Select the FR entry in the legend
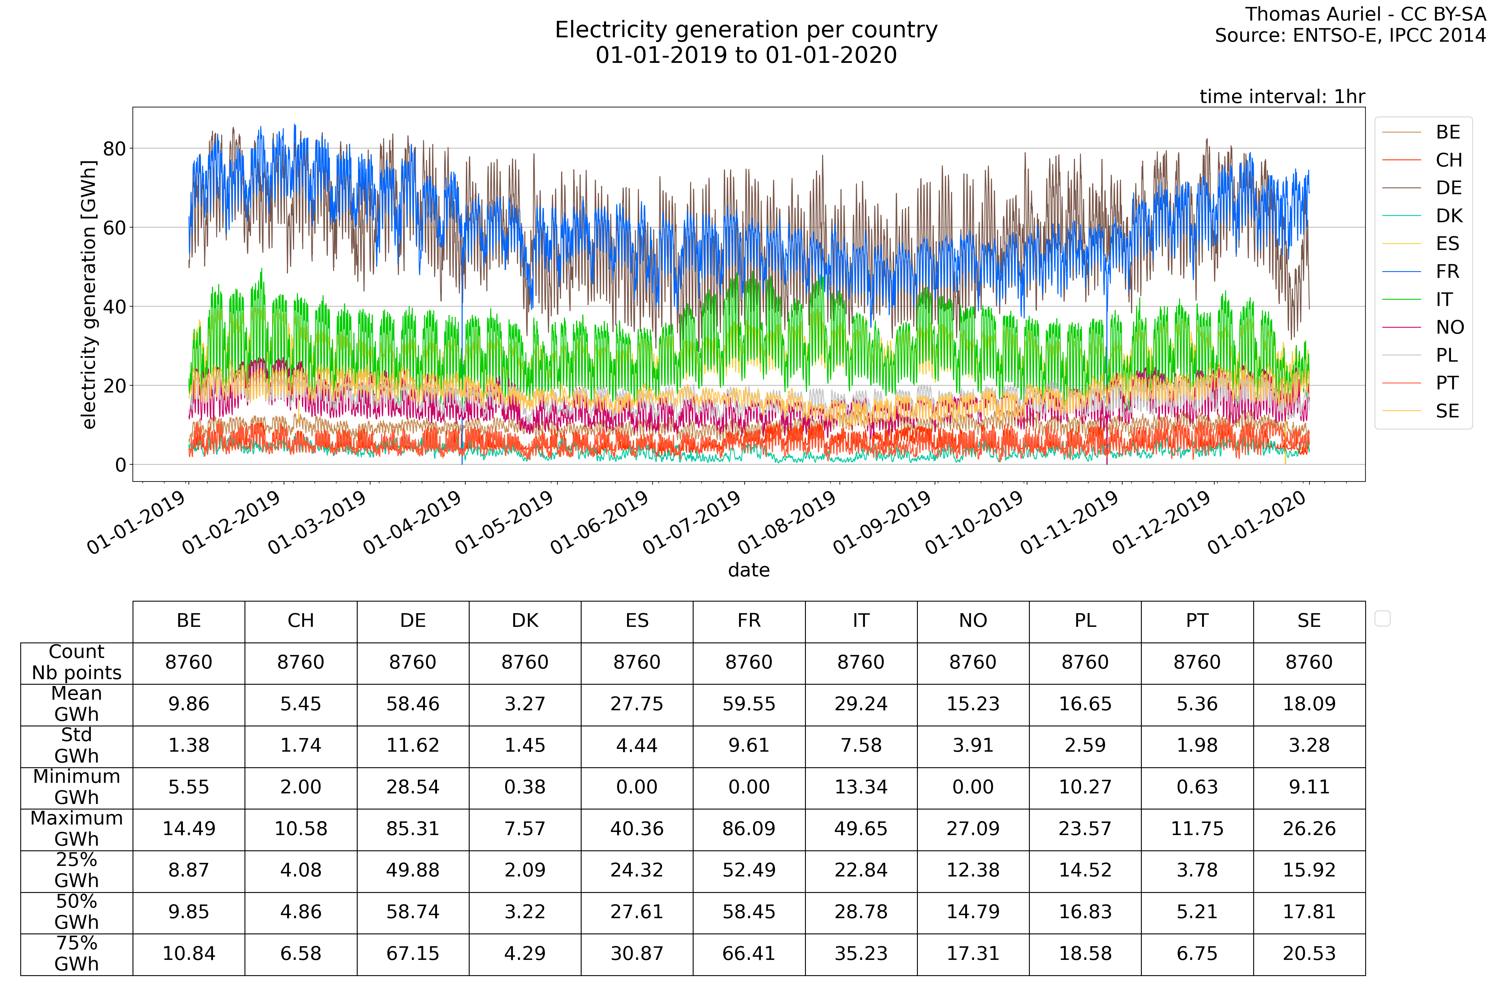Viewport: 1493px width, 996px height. coord(1447,272)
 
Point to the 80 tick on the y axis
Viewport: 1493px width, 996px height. coord(114,149)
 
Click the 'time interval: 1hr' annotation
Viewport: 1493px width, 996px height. coord(1281,96)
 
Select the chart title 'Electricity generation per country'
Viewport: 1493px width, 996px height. coord(746,30)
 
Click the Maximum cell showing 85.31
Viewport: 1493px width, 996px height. coord(413,828)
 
